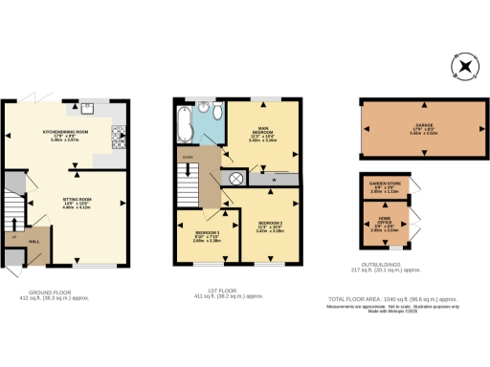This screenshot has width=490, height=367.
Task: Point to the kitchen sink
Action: click(x=87, y=107)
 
